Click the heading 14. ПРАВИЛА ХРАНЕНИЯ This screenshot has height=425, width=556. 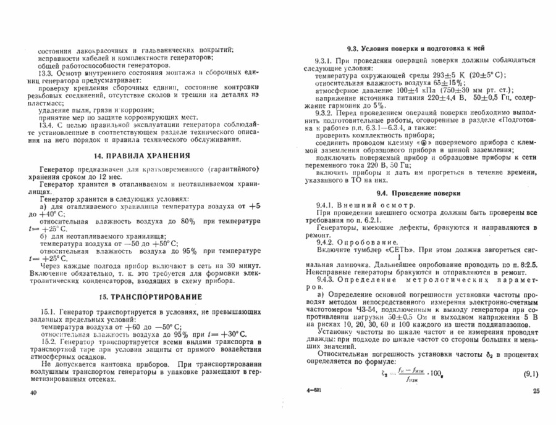pyautogui.click(x=146, y=154)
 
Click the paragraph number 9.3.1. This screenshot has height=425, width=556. pyautogui.click(x=325, y=61)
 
